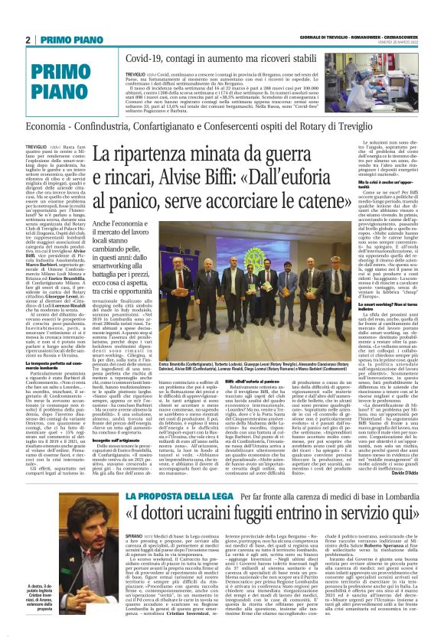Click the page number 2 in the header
tap(28, 39)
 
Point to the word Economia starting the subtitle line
tap(48, 123)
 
